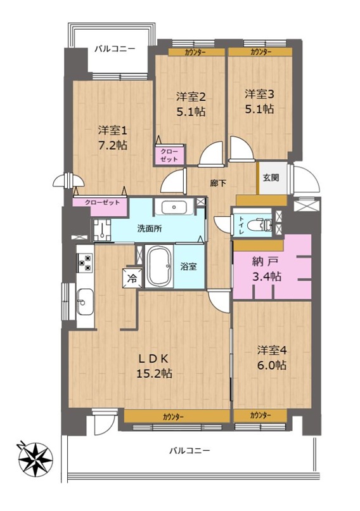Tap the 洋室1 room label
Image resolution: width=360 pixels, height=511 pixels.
coord(113,131)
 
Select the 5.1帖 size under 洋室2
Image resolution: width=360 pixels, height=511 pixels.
coord(191,112)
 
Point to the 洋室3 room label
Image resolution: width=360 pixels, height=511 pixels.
coord(259,94)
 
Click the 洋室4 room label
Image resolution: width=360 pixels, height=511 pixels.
coord(272,351)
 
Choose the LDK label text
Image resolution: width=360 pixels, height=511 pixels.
coord(154,359)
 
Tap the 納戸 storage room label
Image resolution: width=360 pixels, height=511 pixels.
coord(266,261)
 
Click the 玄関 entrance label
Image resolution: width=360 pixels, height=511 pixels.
coord(271,178)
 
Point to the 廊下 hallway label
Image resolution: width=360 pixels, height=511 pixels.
coord(218,183)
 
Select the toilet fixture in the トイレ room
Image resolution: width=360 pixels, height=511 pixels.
coord(260,225)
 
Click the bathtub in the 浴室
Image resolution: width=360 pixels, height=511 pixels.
coord(159,266)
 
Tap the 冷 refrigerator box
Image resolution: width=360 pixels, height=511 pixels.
coord(132,278)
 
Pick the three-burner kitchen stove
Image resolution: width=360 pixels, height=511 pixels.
coord(85,263)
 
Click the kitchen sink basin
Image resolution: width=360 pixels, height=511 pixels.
coord(85,302)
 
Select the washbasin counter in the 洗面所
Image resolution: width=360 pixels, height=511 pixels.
coord(175,207)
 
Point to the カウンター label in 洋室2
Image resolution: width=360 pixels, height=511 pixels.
coord(196,52)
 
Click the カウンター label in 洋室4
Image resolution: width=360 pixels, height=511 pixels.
coord(260,415)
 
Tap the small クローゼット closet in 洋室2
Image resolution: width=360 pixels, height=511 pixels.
coord(170,155)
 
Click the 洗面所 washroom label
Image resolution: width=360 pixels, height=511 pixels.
coord(150,229)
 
